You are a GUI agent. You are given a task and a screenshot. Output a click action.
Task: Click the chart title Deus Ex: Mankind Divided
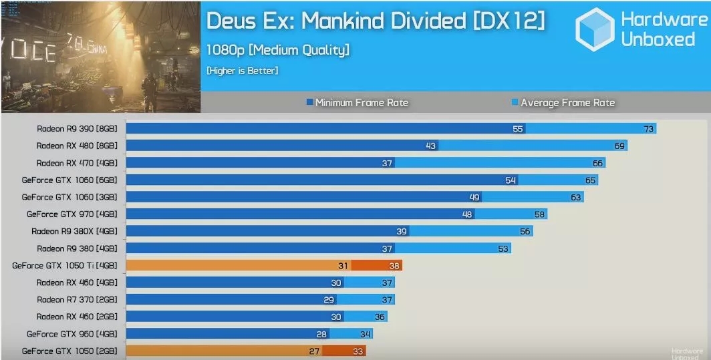point(376,21)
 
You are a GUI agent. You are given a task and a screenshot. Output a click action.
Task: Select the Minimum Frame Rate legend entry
point(357,103)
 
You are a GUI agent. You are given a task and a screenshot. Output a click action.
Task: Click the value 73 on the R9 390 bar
point(648,129)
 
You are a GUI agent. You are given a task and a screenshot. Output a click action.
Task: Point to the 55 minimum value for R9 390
point(518,129)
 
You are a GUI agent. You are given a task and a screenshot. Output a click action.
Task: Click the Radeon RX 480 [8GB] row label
point(77,146)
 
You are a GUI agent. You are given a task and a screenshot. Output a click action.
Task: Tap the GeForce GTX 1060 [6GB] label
point(69,180)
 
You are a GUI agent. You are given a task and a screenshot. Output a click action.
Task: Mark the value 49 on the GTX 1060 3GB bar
point(475,197)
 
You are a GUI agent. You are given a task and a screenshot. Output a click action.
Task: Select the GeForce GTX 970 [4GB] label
point(72,214)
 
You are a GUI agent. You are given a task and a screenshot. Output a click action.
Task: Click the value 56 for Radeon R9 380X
point(525,231)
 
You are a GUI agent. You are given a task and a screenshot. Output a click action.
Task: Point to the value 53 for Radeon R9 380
point(503,248)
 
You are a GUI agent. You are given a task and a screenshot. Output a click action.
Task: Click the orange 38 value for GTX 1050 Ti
point(394,265)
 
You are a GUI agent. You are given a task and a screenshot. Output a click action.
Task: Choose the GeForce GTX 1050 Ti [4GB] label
point(65,265)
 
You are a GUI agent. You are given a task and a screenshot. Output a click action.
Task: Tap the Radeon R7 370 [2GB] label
point(77,299)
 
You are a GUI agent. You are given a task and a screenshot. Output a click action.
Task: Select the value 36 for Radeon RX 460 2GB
point(380,317)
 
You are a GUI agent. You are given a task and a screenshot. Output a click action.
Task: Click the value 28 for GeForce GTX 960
point(322,334)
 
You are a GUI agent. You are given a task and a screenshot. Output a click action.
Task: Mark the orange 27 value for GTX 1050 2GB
point(314,351)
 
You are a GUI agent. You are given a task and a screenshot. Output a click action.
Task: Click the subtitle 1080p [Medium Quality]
point(278,50)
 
